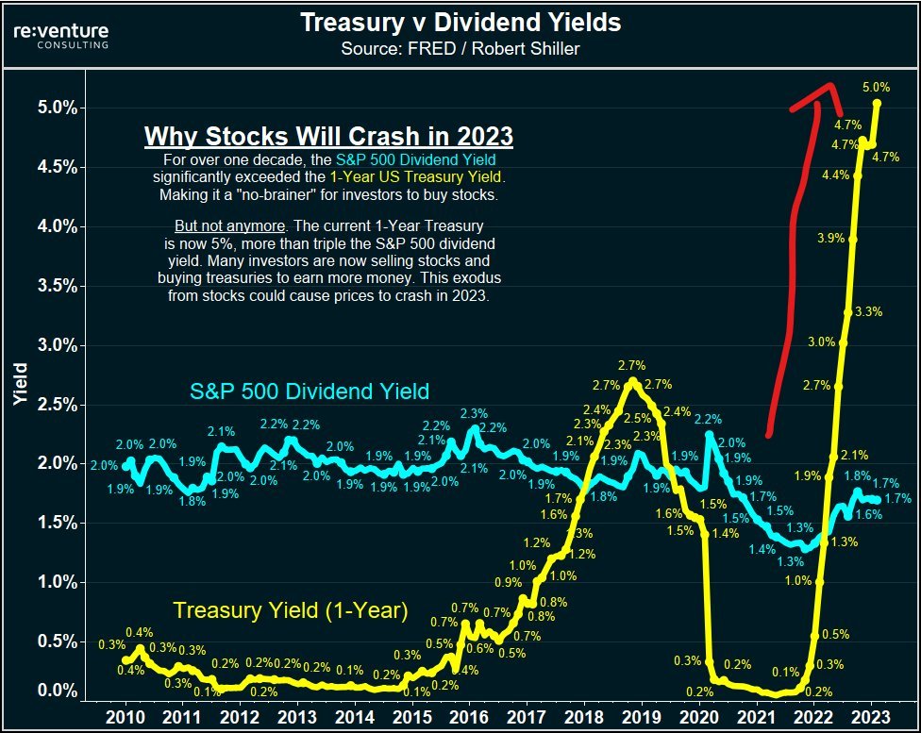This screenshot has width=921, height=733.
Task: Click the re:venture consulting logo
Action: pos(62,36)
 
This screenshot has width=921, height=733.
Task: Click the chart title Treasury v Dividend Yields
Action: pos(460,23)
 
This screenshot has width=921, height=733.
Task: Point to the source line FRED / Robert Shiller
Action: pos(460,48)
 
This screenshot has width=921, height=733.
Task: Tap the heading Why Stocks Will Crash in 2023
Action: pos(328,136)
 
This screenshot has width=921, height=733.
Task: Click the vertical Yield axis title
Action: pos(21,391)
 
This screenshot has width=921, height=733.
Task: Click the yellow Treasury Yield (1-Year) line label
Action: pos(291,611)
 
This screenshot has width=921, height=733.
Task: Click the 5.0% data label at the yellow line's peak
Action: pos(877,87)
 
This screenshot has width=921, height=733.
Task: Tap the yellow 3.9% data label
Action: pos(830,239)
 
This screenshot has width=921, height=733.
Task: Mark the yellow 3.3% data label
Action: pos(869,311)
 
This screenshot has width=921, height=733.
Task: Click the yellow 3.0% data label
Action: pos(822,342)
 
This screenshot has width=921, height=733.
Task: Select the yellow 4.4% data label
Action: pos(836,175)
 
